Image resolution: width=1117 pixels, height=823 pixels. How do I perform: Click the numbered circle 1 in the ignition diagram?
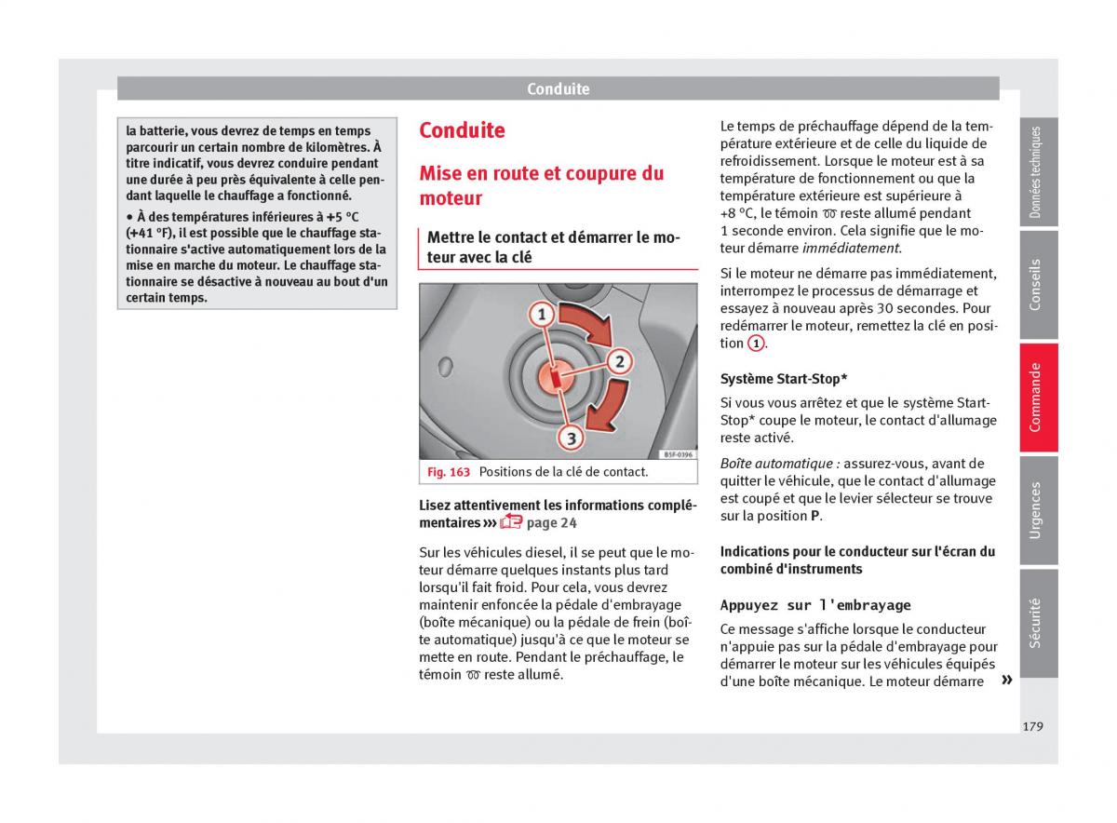(540, 315)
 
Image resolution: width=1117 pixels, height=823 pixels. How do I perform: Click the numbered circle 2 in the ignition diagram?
(618, 362)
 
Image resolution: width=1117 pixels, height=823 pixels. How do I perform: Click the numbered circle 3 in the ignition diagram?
(570, 437)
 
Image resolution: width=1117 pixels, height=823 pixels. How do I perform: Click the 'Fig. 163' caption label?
(449, 472)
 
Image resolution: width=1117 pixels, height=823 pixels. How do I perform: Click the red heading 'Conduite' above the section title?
(462, 130)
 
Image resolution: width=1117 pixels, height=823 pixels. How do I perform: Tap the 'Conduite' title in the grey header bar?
(558, 89)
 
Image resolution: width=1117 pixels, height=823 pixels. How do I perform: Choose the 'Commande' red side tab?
(1037, 398)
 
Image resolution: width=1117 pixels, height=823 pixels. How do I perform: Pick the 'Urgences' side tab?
(1037, 510)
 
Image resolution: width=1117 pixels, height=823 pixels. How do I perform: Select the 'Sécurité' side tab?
(1037, 622)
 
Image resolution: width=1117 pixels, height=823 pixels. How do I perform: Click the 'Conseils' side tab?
(1037, 284)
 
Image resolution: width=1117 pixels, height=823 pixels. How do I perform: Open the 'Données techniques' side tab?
(1037, 172)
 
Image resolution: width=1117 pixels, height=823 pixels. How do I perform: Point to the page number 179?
(1032, 726)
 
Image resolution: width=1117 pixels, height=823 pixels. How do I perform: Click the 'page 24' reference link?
(551, 522)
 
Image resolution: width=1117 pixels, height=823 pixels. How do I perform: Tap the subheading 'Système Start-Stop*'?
(783, 379)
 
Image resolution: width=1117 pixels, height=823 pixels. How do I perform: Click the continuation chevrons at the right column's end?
(1006, 681)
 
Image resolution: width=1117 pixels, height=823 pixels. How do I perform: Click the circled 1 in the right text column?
(756, 344)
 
